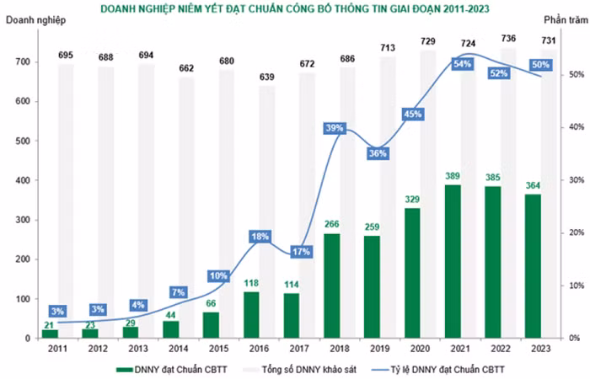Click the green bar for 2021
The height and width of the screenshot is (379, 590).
(453, 261)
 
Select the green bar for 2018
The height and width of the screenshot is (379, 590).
(332, 286)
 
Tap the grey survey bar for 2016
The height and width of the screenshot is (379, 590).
(267, 211)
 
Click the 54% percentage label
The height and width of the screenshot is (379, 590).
(462, 64)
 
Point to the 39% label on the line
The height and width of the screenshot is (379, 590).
(335, 128)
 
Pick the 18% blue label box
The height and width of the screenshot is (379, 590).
(260, 237)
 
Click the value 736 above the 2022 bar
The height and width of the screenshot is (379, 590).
(509, 39)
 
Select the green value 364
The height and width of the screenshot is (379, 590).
(533, 185)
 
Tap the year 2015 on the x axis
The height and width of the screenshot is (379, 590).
(218, 349)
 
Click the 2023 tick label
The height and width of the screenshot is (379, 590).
(541, 349)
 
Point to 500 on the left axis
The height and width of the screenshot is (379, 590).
(23, 141)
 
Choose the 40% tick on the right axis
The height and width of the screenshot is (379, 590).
(576, 127)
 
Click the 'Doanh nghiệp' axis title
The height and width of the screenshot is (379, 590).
(35, 20)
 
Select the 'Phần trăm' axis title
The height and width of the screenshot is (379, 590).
(566, 20)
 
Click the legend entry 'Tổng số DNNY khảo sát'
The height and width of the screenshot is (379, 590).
(309, 369)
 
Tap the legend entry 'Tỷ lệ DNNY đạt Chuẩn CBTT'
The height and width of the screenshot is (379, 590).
(448, 369)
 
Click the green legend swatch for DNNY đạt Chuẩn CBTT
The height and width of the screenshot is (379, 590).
(125, 370)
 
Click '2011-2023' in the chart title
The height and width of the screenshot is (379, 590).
(466, 8)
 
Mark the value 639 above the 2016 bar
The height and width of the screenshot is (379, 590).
(267, 77)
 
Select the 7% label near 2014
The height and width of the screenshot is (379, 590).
(179, 292)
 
